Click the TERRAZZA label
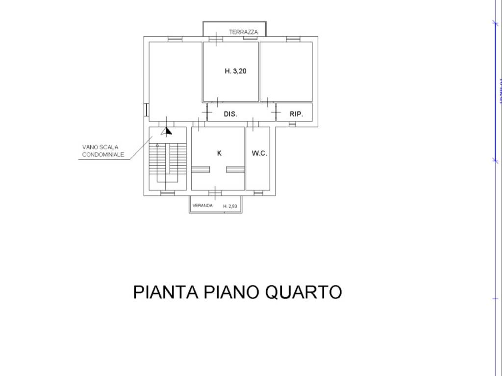pos(243,32)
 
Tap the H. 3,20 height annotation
pos(235,71)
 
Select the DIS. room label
pos(230,114)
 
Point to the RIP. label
pos(296,114)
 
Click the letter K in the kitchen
pos(219,153)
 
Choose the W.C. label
pos(259,153)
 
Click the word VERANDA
pos(202,206)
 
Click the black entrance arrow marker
pos(168,131)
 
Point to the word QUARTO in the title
pos(303,292)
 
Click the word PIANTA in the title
pos(166,292)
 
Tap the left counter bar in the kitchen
pos(201,169)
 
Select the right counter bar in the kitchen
pos(235,169)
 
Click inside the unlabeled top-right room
pos(286,71)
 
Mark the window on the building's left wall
pos(146,110)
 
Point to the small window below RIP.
pos(292,125)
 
